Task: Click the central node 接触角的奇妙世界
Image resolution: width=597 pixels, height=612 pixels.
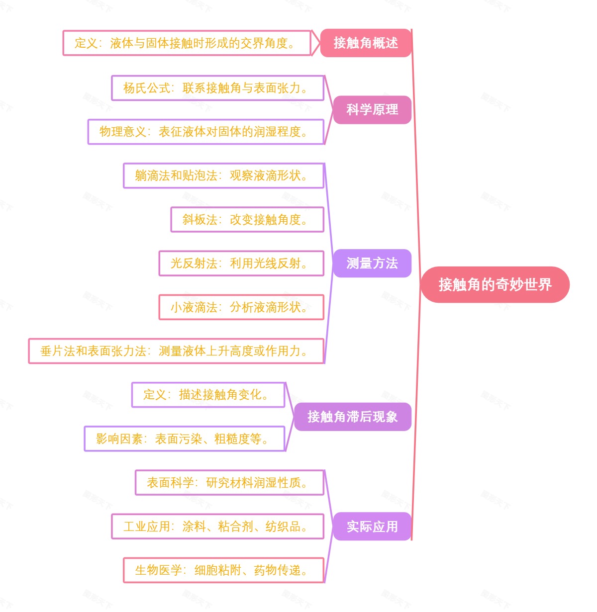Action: (x=495, y=284)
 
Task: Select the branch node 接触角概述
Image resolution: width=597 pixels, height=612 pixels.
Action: (x=366, y=43)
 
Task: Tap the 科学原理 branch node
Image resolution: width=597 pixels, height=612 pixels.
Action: (x=372, y=110)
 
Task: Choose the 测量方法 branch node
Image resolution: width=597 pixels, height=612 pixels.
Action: (x=372, y=263)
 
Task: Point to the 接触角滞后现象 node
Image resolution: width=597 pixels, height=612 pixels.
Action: (x=352, y=417)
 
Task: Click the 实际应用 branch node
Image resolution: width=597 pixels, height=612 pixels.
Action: (x=372, y=526)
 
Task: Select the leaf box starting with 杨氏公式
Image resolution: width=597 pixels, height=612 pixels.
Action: (x=218, y=88)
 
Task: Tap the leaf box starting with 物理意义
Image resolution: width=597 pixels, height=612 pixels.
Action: (x=206, y=132)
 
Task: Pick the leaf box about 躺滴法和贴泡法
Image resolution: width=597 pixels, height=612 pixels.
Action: (x=223, y=175)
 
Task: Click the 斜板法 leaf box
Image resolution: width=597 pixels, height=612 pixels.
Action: (x=247, y=219)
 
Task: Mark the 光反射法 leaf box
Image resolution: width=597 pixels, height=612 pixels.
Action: (x=241, y=263)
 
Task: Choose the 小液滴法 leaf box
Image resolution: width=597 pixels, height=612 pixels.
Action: (x=241, y=307)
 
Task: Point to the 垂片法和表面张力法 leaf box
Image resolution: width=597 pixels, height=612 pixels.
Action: (x=176, y=351)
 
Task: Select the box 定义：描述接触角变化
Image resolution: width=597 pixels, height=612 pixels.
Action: (x=208, y=395)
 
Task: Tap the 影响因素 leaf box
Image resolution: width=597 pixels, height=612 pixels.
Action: (x=185, y=438)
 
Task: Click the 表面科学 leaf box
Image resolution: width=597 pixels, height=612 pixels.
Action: (x=229, y=482)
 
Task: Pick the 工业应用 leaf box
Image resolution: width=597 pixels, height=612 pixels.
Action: (x=217, y=526)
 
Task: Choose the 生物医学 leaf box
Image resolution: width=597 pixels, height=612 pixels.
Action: (x=223, y=570)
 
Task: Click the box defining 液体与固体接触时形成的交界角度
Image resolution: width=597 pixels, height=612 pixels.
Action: (x=187, y=43)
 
